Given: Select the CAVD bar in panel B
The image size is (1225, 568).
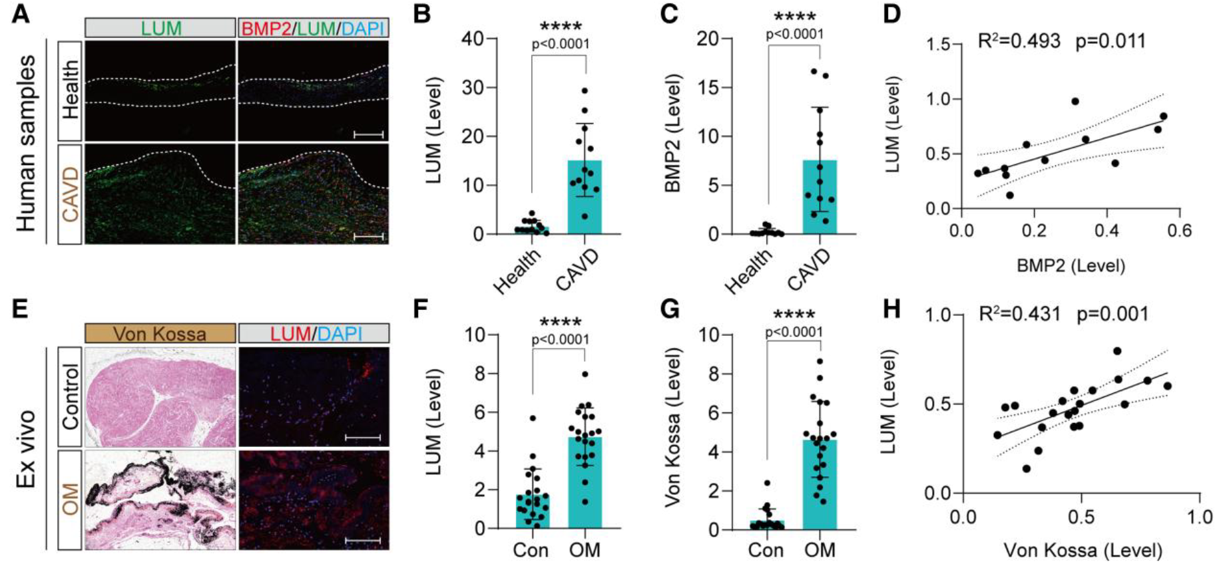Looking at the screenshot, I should pyautogui.click(x=585, y=197).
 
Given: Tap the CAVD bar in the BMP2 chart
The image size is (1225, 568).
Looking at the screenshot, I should pyautogui.click(x=820, y=197).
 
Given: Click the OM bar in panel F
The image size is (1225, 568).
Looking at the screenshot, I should pyautogui.click(x=585, y=482).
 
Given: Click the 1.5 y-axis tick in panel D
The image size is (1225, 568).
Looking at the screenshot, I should pyautogui.click(x=938, y=45).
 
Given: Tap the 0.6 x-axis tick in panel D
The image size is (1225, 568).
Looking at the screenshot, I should pyautogui.click(x=1178, y=231).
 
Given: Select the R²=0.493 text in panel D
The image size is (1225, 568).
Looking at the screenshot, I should pyautogui.click(x=1019, y=41).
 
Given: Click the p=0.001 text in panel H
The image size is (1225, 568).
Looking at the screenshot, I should pyautogui.click(x=1112, y=314).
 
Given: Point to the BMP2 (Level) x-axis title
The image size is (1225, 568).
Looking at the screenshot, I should pyautogui.click(x=1071, y=266).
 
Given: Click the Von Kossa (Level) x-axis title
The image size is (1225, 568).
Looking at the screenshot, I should pyautogui.click(x=1083, y=550).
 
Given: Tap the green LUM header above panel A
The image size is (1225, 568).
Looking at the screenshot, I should pyautogui.click(x=160, y=28).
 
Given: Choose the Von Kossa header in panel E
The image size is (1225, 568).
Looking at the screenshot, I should pyautogui.click(x=160, y=333).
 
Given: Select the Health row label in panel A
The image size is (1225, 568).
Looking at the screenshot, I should pyautogui.click(x=70, y=90).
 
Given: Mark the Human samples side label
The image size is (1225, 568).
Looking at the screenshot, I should pyautogui.click(x=26, y=143).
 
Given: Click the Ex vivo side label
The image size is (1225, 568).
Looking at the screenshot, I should pyautogui.click(x=26, y=449).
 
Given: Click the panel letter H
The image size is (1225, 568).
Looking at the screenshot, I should pyautogui.click(x=892, y=309).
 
